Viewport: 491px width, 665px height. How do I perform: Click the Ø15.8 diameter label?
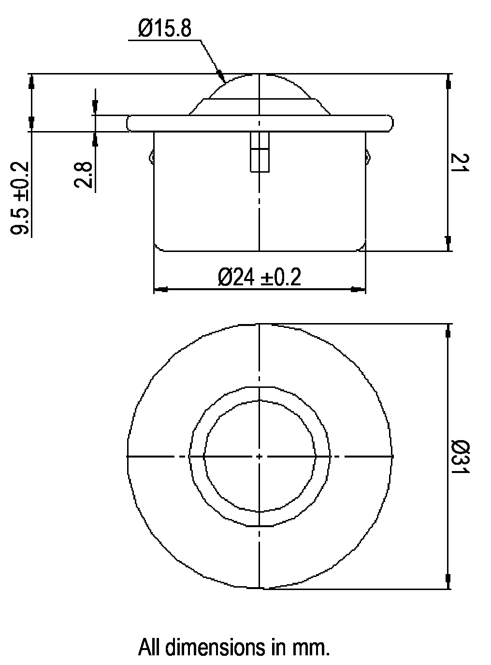click(x=164, y=28)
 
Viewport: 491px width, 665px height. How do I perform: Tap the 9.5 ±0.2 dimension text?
click(x=20, y=198)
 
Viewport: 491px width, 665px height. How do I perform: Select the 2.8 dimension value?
click(x=83, y=175)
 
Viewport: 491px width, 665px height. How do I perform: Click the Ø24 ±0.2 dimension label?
click(x=260, y=277)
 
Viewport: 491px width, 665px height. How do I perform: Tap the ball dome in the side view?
click(x=260, y=86)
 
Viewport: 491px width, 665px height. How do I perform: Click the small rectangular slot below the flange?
click(x=260, y=152)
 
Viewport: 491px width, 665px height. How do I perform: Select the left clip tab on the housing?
click(x=151, y=157)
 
